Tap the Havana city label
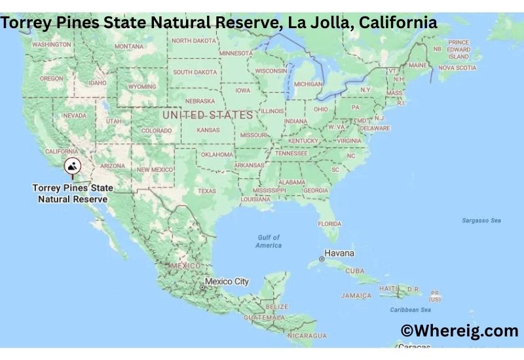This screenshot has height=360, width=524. pyautogui.click(x=341, y=253)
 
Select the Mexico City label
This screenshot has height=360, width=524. pyautogui.click(x=227, y=281)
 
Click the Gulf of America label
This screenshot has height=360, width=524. pyautogui.click(x=269, y=241)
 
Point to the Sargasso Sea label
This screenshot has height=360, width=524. pyautogui.click(x=481, y=221)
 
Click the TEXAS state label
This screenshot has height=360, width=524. pyautogui.click(x=206, y=191)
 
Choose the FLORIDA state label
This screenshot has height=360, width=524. pyautogui.click(x=329, y=223)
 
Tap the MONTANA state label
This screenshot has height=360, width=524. pyautogui.click(x=128, y=46)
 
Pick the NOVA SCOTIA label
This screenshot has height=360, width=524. pyautogui.click(x=457, y=67)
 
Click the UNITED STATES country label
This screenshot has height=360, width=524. pyautogui.click(x=207, y=115)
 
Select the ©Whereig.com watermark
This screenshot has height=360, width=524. pyautogui.click(x=459, y=331)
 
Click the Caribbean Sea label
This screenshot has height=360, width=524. pyautogui.click(x=411, y=309)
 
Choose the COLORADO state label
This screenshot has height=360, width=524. pyautogui.click(x=157, y=130)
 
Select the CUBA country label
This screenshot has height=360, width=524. pyautogui.click(x=354, y=270)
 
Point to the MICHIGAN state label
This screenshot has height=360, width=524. pyautogui.click(x=308, y=84)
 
